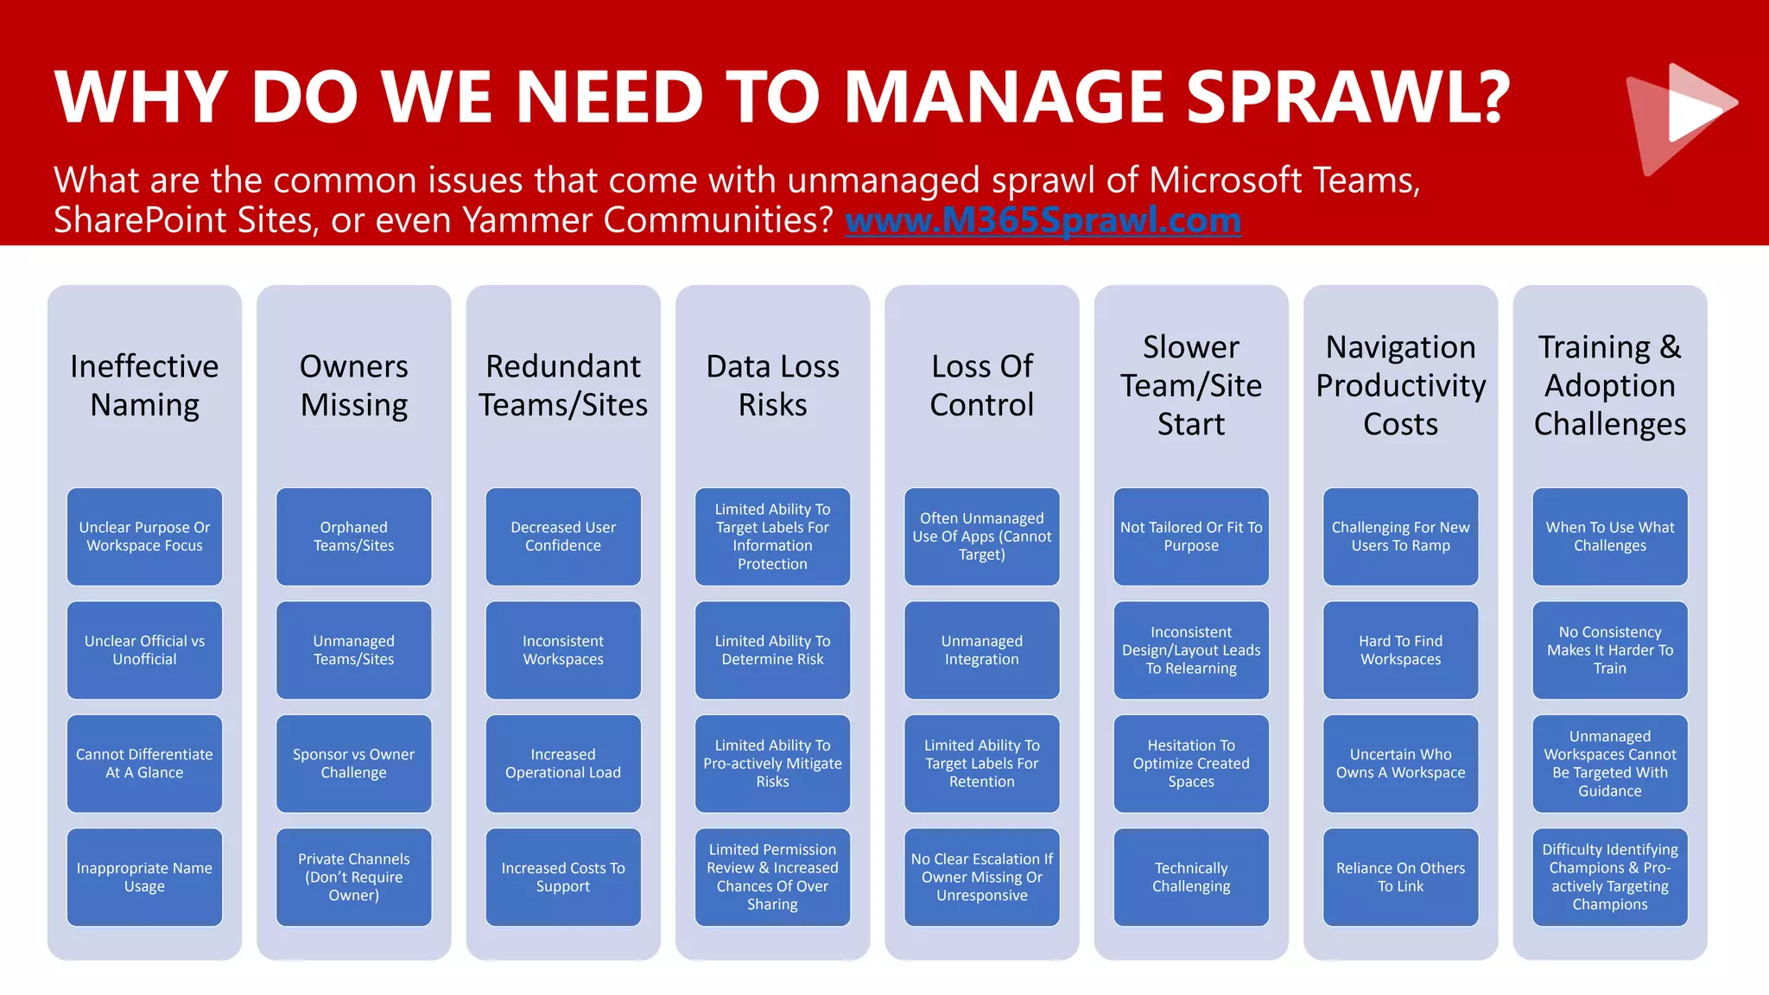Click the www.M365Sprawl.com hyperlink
1043,220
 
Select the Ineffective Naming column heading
144,385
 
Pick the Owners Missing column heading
354,385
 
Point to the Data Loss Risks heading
772,385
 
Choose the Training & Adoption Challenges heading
1609,385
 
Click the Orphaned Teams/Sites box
354,536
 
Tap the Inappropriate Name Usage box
144,877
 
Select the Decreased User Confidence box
563,536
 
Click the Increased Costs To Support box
563,877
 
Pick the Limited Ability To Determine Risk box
772,650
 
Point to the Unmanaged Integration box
982,650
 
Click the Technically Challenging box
1191,877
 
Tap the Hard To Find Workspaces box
1400,650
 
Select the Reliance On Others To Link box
1400,877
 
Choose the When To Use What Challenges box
1609,536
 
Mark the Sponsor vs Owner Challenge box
354,764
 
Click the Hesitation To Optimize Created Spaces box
1191,764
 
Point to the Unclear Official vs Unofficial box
144,650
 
